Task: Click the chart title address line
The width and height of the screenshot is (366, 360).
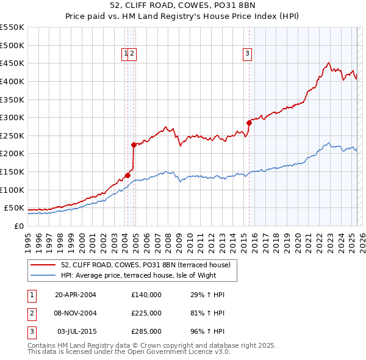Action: click(x=182, y=6)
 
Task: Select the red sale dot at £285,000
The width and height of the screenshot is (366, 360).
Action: click(x=249, y=123)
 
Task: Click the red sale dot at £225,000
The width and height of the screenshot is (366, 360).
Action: click(x=134, y=145)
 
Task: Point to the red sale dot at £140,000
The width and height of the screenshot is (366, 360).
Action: click(x=127, y=175)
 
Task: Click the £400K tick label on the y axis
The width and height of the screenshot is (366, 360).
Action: click(x=12, y=81)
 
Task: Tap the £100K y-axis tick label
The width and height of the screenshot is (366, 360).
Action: click(x=12, y=190)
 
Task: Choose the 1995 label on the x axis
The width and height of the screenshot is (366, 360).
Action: click(x=28, y=240)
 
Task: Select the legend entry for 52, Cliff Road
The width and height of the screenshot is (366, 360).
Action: click(x=145, y=265)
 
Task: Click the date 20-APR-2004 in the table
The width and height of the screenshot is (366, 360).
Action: click(x=76, y=295)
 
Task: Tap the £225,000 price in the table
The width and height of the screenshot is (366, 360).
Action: click(x=146, y=313)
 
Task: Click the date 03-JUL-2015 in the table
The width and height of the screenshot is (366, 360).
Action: click(x=76, y=331)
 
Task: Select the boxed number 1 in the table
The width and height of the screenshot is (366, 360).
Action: click(x=31, y=295)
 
